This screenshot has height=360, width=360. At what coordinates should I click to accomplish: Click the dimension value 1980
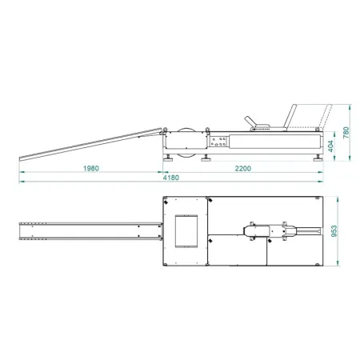click(x=91, y=168)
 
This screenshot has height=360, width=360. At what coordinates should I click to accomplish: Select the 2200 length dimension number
click(x=242, y=168)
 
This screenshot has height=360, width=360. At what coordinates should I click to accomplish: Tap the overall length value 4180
click(x=171, y=178)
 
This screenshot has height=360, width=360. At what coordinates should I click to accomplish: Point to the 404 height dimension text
click(x=330, y=146)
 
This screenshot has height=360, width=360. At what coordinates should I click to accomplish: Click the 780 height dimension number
click(x=346, y=133)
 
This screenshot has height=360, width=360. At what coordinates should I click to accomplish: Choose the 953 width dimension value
click(x=334, y=231)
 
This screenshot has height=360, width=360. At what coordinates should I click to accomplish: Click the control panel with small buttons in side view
click(x=218, y=142)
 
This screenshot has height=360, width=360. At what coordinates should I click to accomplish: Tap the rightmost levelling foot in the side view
click(x=318, y=158)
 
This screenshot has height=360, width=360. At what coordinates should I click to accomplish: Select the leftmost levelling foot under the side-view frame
click(x=168, y=158)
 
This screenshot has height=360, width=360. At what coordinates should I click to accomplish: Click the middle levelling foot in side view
click(x=206, y=158)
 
